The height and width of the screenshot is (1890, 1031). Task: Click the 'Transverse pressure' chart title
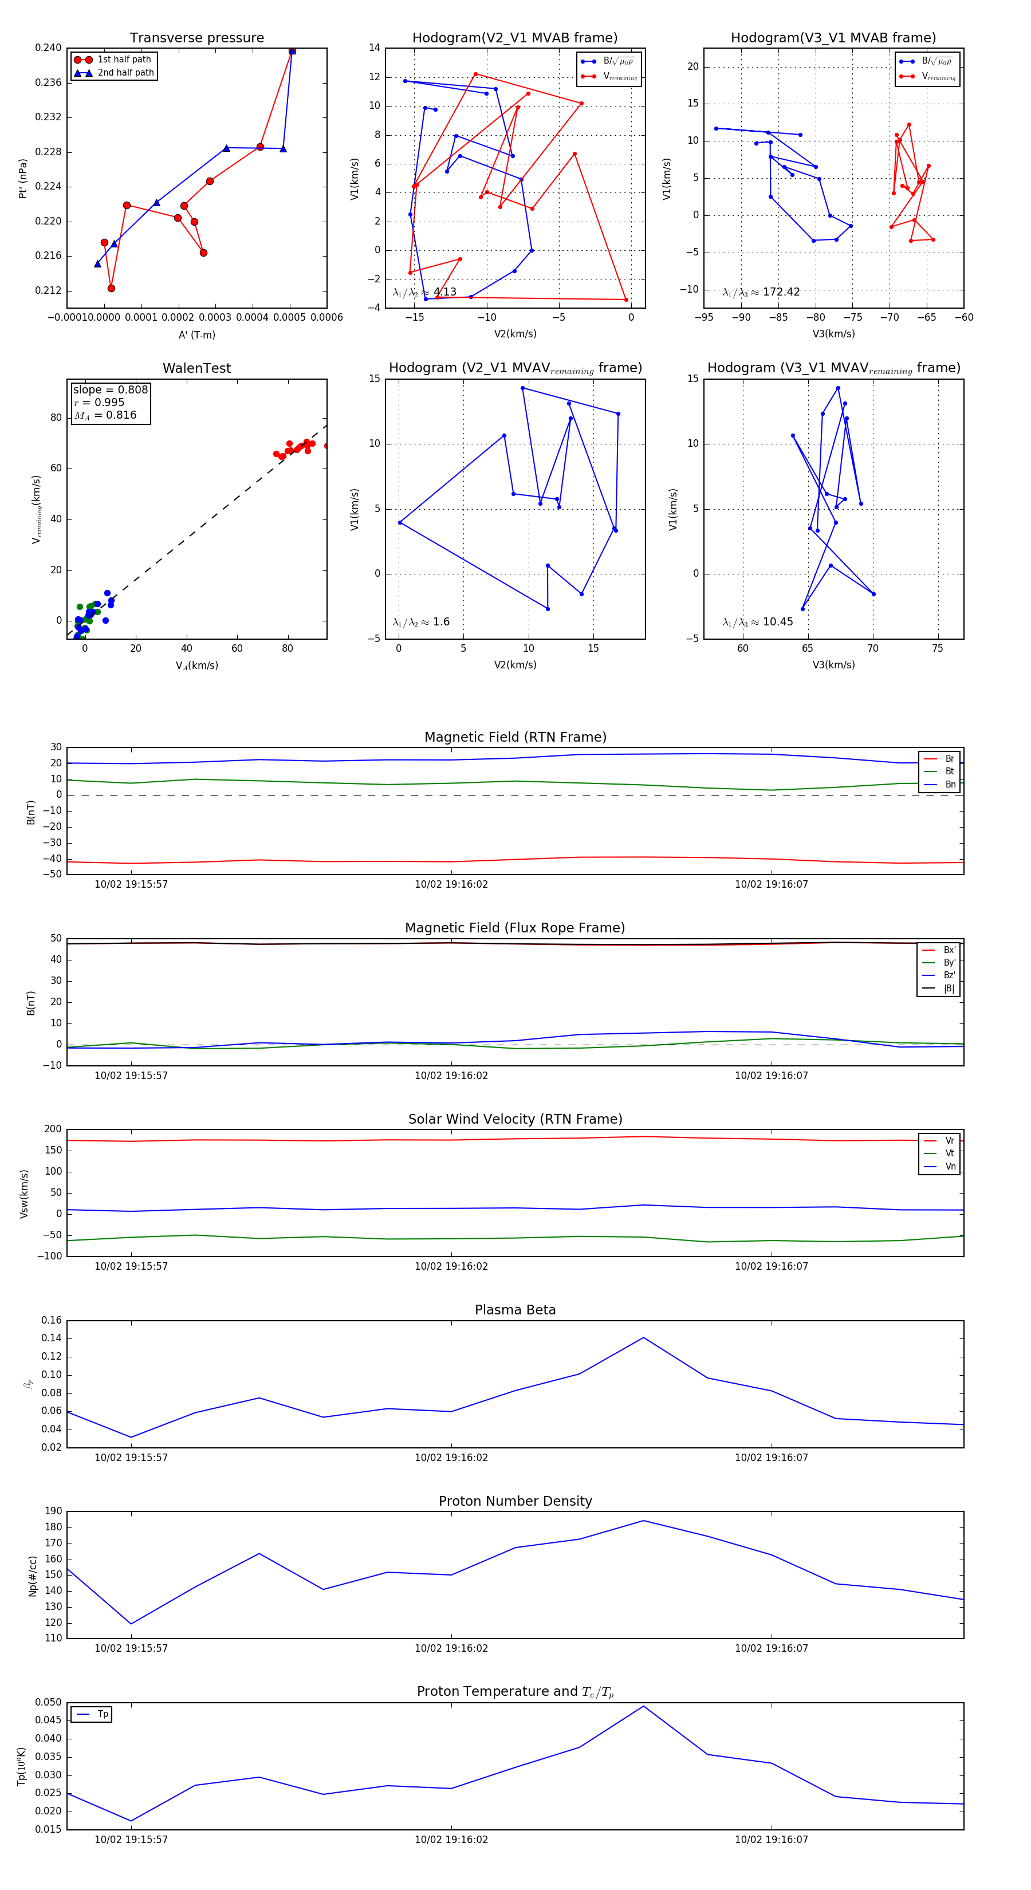[x=196, y=38]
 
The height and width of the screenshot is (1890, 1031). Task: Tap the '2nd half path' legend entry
[x=125, y=73]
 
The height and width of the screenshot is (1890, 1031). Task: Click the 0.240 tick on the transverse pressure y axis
[x=49, y=48]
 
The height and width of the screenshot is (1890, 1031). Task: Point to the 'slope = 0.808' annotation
[x=110, y=389]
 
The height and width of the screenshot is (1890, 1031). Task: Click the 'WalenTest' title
[x=196, y=368]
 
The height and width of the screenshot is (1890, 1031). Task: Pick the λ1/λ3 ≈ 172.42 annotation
[x=761, y=292]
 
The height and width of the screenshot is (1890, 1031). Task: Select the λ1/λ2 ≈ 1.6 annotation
[x=421, y=622]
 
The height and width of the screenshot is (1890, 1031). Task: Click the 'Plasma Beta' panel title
[x=515, y=1310]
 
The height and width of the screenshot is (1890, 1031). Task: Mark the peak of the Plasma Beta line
[x=644, y=1337]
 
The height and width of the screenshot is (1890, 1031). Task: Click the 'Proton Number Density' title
[x=515, y=1501]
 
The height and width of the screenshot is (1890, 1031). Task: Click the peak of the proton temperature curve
[x=644, y=1706]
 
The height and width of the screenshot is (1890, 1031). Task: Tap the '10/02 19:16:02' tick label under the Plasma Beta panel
[x=451, y=1457]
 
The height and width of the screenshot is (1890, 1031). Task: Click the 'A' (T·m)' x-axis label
[x=196, y=335]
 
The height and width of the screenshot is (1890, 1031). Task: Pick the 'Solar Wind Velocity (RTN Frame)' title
[x=515, y=1119]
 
